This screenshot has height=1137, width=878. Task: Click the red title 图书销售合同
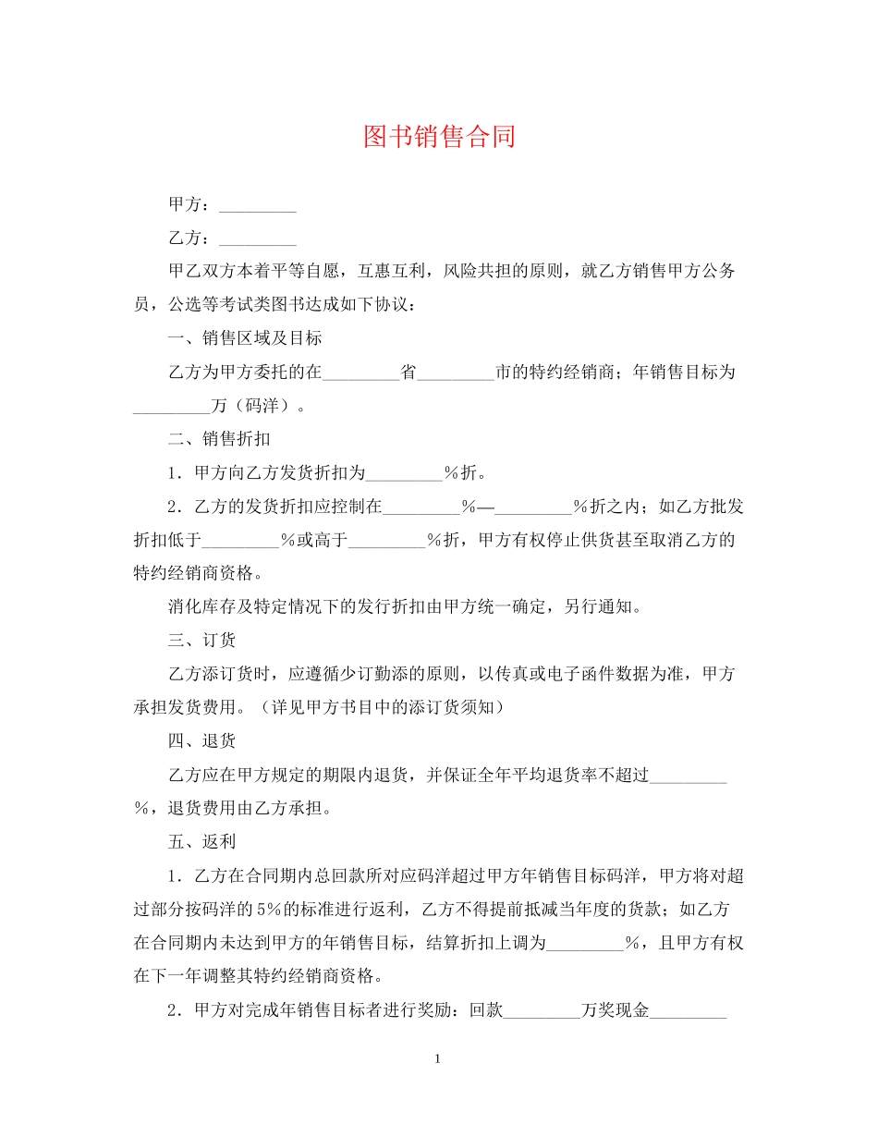tap(439, 137)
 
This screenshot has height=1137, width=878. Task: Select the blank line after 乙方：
tap(258, 238)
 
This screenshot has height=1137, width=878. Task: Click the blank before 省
tap(360, 373)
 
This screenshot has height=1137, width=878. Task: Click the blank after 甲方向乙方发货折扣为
tap(404, 473)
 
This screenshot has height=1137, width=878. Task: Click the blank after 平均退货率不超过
tap(689, 775)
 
